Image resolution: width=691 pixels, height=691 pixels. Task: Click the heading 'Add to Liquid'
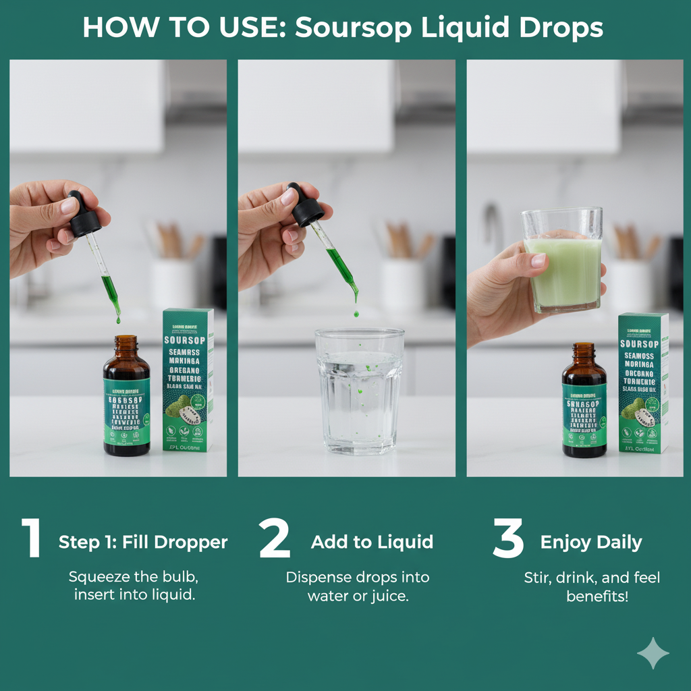372,542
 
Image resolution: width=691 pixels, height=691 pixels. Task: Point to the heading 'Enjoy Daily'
591,542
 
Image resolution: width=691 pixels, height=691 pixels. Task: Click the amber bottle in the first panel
126,402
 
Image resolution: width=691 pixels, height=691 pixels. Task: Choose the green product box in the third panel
642,383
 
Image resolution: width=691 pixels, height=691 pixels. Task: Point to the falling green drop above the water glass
356,313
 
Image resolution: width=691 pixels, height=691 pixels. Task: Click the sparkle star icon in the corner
653,653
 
